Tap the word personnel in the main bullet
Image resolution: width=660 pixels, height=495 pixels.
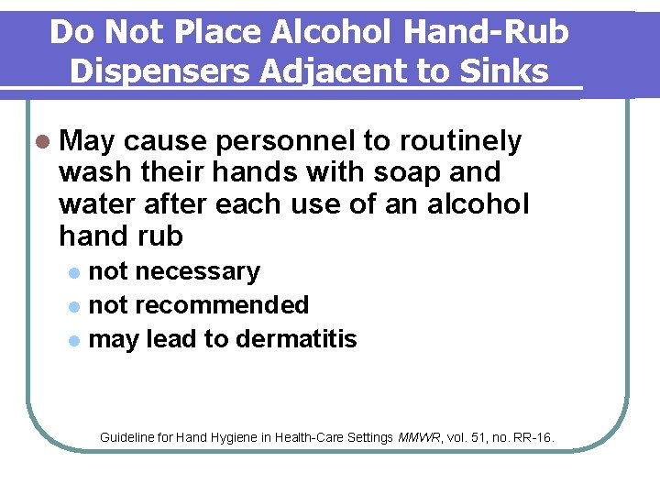[292, 142]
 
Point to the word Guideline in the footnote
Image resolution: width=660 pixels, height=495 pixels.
[128, 437]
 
